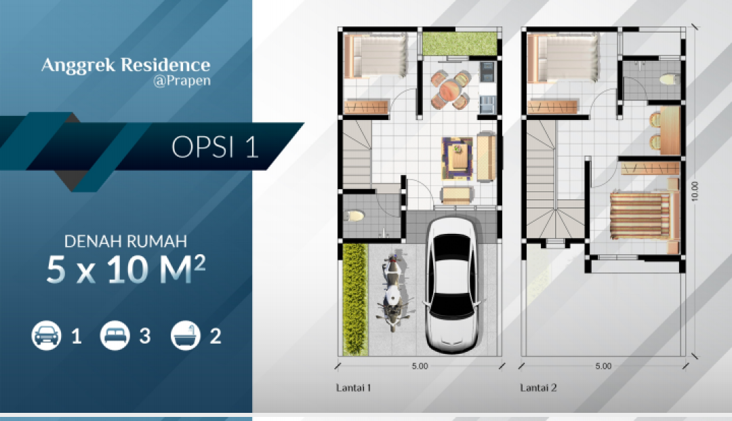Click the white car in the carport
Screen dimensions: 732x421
(451, 284)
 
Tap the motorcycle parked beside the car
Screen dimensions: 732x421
(393, 292)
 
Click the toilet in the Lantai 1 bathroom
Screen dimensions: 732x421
(354, 216)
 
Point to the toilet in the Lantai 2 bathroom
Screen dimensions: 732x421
(670, 79)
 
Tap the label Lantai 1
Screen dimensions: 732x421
(353, 387)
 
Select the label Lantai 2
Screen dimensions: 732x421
(538, 387)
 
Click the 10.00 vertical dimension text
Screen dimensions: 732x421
(695, 191)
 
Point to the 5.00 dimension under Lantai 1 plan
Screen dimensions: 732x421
(420, 366)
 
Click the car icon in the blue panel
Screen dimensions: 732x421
(46, 336)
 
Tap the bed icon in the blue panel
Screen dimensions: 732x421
(115, 336)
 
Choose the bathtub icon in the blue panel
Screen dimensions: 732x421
(185, 336)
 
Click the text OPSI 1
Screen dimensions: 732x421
(215, 147)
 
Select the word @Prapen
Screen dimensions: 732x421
(182, 81)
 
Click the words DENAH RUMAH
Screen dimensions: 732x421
(125, 241)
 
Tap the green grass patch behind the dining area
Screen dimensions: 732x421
(460, 44)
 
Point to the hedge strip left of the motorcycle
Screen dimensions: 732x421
(355, 299)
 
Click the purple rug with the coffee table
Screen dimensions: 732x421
(457, 158)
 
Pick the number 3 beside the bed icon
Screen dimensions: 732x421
(145, 336)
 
